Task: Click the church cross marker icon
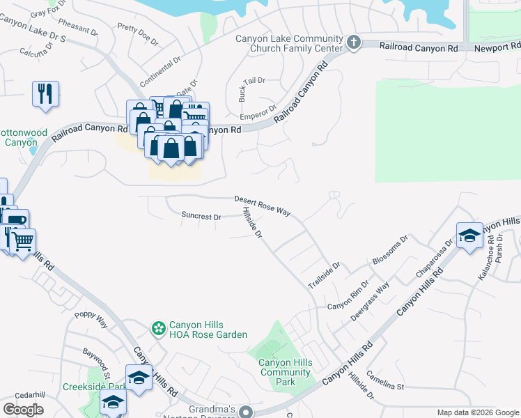click(354, 43)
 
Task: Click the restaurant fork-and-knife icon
click(45, 93)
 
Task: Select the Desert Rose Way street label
click(262, 205)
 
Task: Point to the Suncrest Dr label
click(201, 217)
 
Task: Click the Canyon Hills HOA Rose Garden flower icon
click(159, 328)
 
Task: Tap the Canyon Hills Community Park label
click(286, 372)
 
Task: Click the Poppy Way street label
click(91, 320)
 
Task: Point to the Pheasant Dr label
click(78, 27)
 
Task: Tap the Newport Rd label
click(497, 49)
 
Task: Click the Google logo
click(23, 410)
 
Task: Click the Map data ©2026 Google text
click(477, 412)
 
